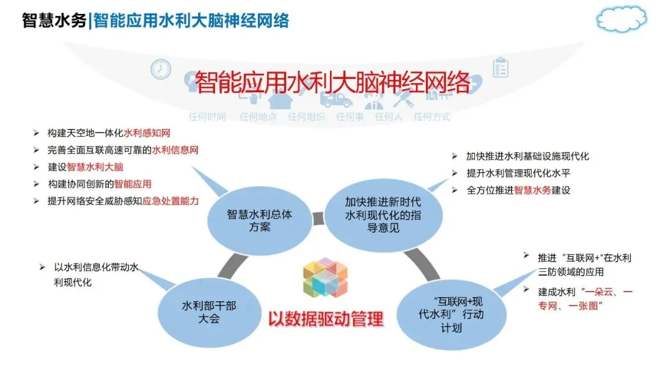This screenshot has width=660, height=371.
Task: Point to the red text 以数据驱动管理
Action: point(326,318)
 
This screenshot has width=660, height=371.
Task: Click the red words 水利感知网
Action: point(147,133)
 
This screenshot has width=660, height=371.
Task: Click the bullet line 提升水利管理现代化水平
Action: point(519,173)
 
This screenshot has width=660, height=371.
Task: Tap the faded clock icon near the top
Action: point(161,69)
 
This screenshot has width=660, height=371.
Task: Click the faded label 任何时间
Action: point(207,117)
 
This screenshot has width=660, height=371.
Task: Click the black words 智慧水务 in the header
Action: point(54,21)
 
